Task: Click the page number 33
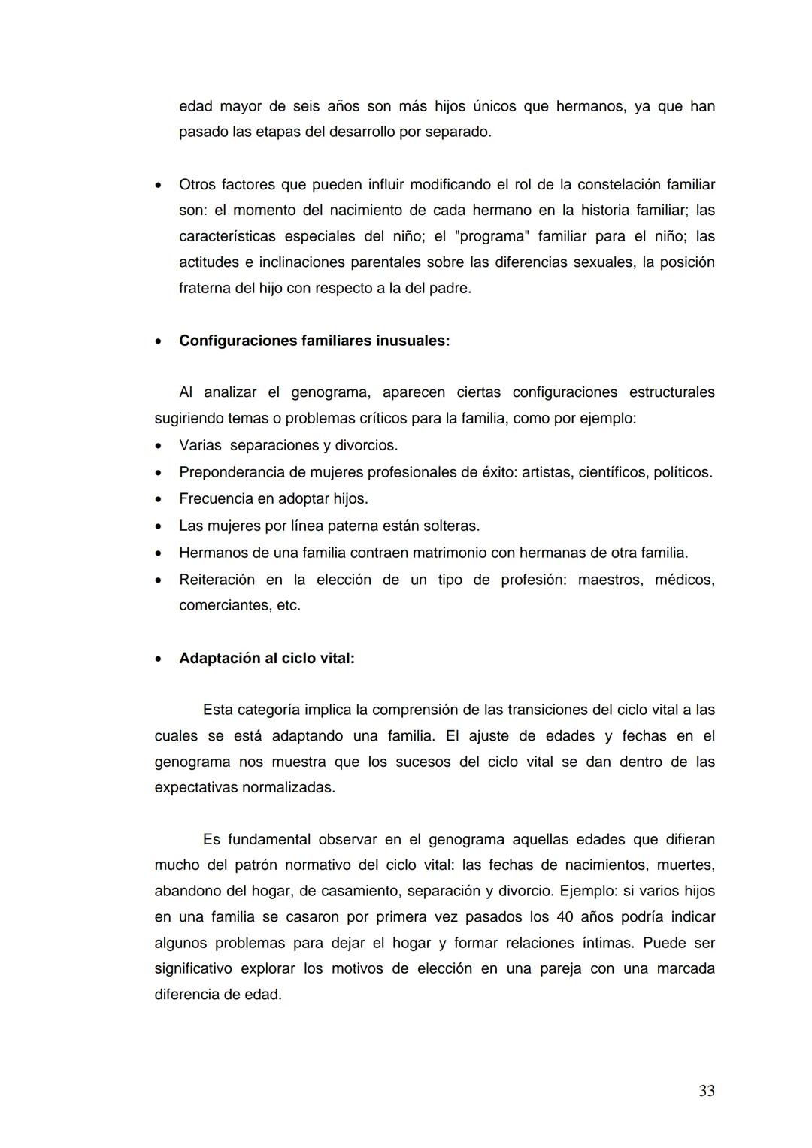[x=706, y=1091]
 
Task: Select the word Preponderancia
[x=231, y=472]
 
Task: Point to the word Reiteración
[x=217, y=580]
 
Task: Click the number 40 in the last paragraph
[x=566, y=917]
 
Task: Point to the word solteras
[x=450, y=526]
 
